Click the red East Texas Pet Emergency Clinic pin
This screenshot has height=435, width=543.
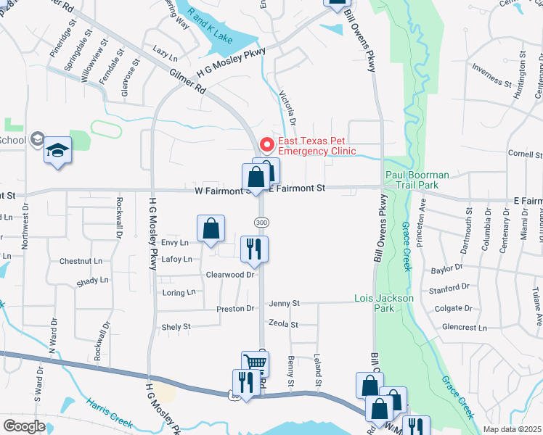click(x=266, y=145)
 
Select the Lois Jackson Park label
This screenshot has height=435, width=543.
click(x=384, y=303)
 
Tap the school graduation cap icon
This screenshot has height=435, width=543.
click(x=57, y=151)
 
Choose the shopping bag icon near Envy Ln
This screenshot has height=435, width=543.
click(x=210, y=229)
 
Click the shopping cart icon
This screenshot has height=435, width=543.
click(x=255, y=363)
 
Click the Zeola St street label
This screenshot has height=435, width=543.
click(x=283, y=325)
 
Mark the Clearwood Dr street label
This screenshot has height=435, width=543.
click(x=231, y=275)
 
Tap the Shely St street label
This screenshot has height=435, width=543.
click(x=176, y=327)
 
